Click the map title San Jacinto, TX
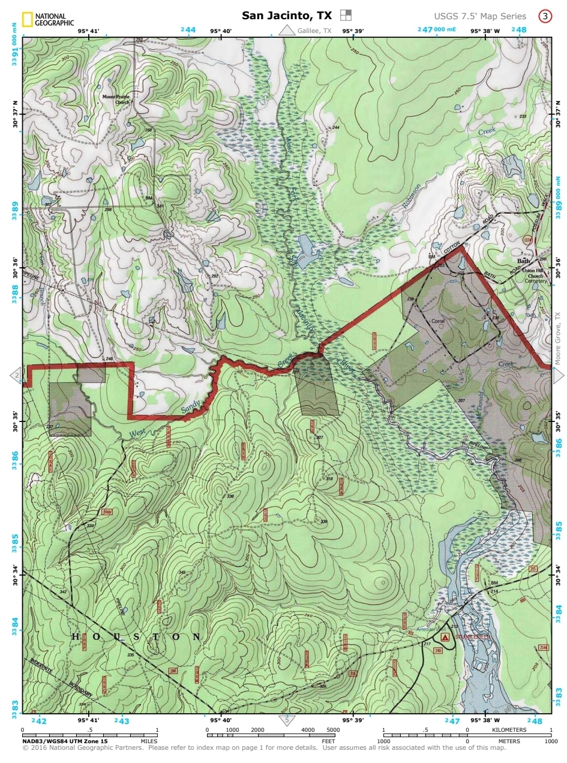287,16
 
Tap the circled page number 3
544,16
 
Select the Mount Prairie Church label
115,99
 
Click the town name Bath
524,262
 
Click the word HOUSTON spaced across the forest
137,636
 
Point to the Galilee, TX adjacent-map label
314,31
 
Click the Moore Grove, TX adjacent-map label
557,339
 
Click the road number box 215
532,568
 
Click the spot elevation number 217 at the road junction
427,645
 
